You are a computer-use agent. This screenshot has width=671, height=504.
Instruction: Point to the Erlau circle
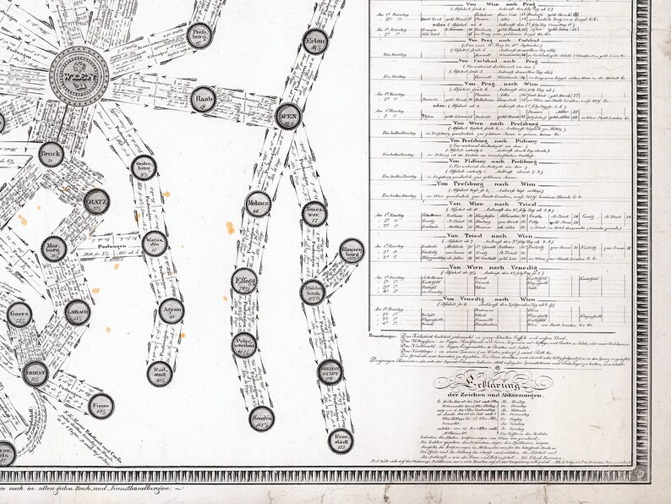click(316, 41)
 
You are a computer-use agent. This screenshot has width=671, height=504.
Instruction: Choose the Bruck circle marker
click(52, 154)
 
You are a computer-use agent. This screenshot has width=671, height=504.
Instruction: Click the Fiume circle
click(100, 405)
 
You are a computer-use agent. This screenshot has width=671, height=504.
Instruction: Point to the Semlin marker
click(263, 419)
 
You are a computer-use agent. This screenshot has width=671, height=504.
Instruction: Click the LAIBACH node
click(77, 311)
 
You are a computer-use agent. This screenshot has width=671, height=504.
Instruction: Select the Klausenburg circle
click(352, 250)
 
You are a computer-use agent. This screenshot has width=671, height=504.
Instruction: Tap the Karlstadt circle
click(160, 373)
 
